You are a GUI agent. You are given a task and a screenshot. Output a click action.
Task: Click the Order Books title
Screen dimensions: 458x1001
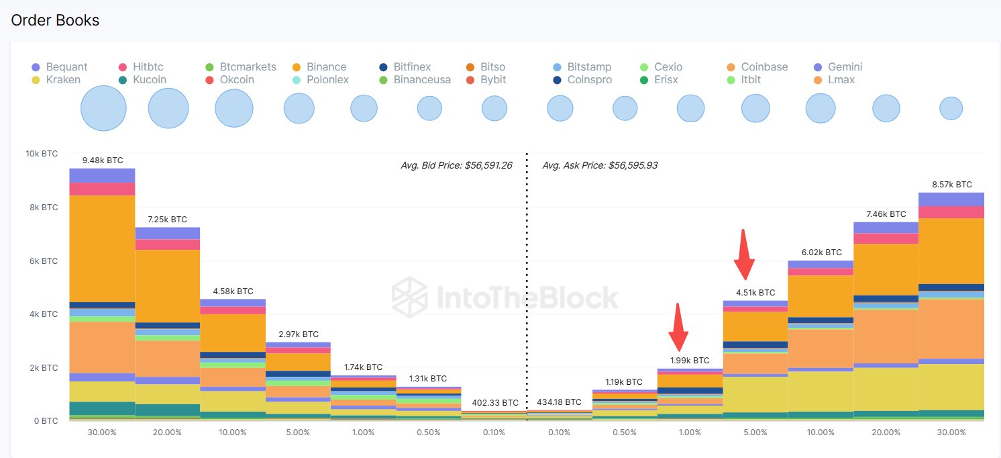click(x=55, y=21)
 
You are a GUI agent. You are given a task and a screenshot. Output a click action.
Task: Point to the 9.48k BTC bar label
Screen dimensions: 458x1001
click(x=103, y=161)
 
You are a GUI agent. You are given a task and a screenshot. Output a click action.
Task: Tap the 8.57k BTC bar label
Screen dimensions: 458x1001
click(x=951, y=184)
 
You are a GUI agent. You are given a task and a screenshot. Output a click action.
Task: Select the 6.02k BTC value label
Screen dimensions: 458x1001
click(x=820, y=253)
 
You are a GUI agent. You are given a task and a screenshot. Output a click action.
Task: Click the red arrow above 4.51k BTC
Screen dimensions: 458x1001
click(x=744, y=255)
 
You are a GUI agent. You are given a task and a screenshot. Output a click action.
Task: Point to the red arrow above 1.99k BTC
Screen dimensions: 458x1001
click(x=680, y=327)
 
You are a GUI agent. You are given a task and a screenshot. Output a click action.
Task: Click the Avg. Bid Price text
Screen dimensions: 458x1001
click(x=456, y=165)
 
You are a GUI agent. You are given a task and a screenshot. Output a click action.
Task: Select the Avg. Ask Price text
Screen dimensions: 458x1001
click(x=600, y=165)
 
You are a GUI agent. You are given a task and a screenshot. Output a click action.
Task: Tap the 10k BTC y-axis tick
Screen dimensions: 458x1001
click(x=42, y=154)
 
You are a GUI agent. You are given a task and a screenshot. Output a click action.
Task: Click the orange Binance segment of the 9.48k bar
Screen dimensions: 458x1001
click(x=103, y=248)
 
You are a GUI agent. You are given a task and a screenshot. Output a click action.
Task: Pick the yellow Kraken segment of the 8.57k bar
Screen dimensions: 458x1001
click(x=951, y=387)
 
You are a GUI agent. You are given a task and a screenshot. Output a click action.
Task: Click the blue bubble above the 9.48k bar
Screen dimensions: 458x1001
click(x=103, y=108)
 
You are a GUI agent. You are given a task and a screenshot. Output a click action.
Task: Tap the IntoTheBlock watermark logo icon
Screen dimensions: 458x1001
click(x=409, y=296)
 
